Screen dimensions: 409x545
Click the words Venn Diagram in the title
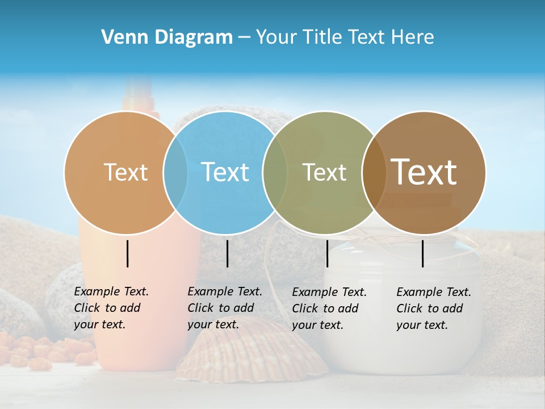(x=167, y=37)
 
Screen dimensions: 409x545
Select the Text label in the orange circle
(x=125, y=172)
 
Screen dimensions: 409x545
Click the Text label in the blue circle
(x=225, y=172)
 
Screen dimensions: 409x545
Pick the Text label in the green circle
(x=324, y=172)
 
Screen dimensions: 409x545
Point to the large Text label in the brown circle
(x=424, y=172)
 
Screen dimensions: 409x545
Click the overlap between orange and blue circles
(x=175, y=172)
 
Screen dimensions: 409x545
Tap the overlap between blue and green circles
(x=275, y=172)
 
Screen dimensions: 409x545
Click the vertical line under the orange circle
(x=128, y=253)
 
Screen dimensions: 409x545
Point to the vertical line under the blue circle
(x=227, y=253)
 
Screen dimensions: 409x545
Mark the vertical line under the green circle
(x=327, y=253)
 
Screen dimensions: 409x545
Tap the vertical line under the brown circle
(x=423, y=253)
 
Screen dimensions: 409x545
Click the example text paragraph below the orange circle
(x=111, y=308)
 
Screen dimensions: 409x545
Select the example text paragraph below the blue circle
(x=224, y=308)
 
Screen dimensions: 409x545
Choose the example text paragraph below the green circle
(x=329, y=308)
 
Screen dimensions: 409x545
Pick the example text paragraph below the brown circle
(x=433, y=308)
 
